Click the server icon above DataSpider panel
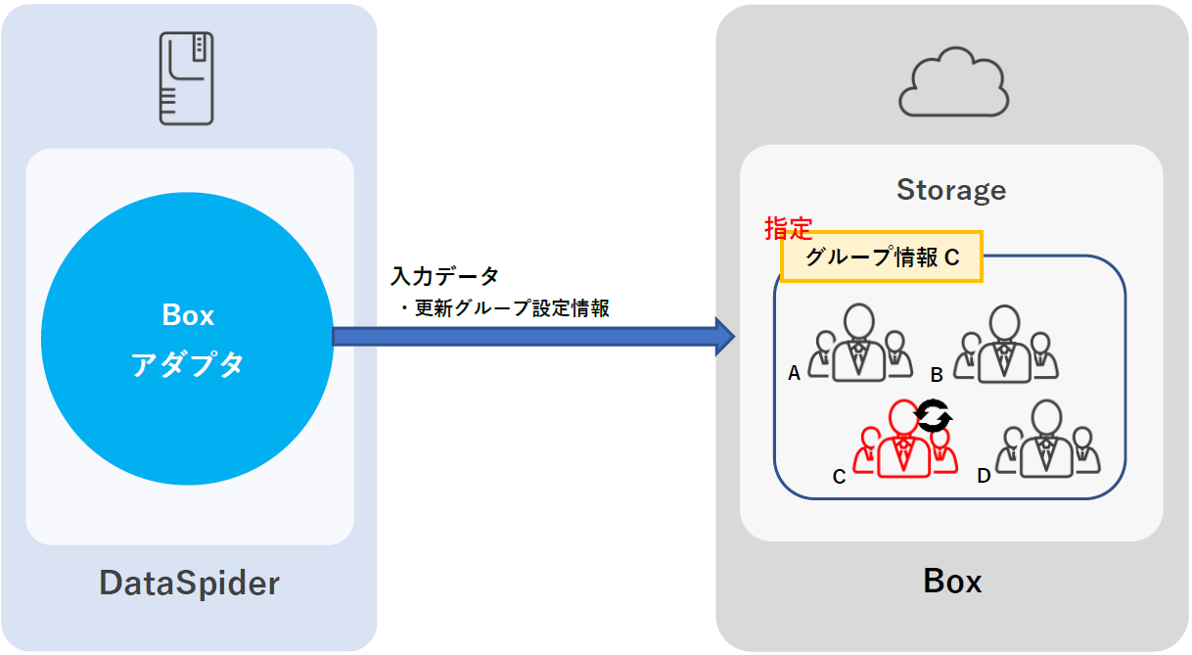point(187,78)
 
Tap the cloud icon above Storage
point(953,85)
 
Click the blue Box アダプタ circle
point(188,339)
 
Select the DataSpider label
point(189,584)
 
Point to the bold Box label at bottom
point(952,582)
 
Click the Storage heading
point(951,190)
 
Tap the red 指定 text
point(788,229)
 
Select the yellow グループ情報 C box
point(881,257)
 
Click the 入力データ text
point(444,276)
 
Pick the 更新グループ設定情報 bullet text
point(504,308)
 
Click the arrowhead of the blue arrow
point(723,337)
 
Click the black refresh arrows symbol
point(933,417)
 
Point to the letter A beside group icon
point(794,373)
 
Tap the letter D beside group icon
point(984,476)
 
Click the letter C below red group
point(839,477)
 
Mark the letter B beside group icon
point(936,374)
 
